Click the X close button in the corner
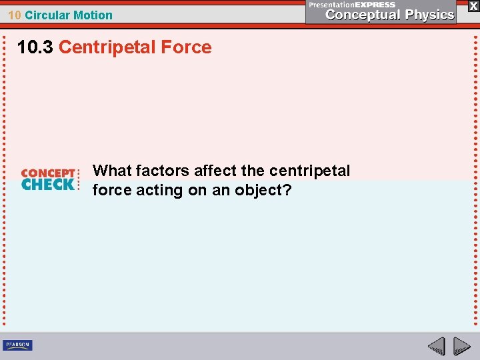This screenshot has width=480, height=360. (x=473, y=6)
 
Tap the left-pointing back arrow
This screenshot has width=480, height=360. (x=436, y=346)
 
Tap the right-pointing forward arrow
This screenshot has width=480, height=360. (x=461, y=346)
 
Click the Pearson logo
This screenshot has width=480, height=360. (x=17, y=345)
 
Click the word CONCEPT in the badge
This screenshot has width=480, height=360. (x=49, y=173)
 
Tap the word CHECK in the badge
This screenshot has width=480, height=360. (x=47, y=184)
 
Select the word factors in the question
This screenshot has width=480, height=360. (x=163, y=171)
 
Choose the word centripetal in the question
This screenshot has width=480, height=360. (x=309, y=171)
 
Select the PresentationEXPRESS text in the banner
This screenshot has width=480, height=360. (x=352, y=4)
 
